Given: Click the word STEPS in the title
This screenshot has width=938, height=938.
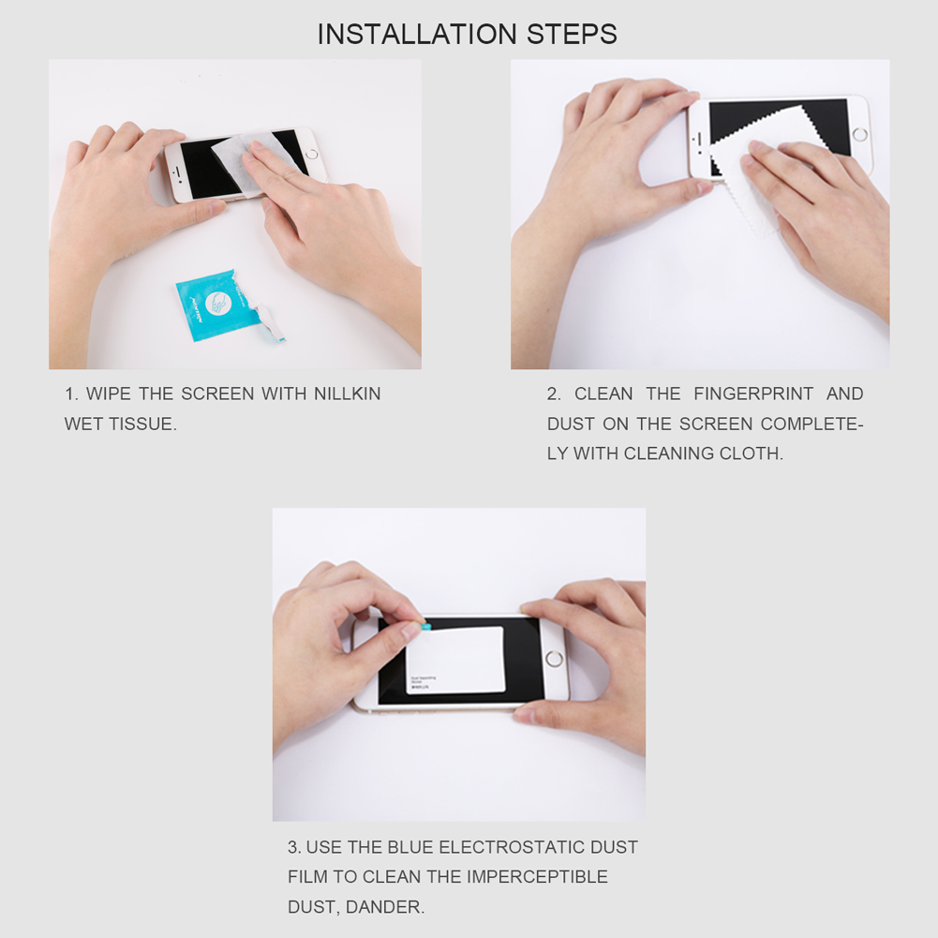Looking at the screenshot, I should pos(572,35).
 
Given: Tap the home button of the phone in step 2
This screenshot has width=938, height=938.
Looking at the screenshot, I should pos(859,134).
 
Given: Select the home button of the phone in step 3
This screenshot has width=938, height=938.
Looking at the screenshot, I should pos(554,658).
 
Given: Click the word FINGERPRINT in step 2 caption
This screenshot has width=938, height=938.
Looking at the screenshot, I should pos(753,395).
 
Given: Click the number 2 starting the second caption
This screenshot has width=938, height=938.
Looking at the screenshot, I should pos(553,395).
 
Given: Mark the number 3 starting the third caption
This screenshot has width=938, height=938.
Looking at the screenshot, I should pos(293,848).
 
